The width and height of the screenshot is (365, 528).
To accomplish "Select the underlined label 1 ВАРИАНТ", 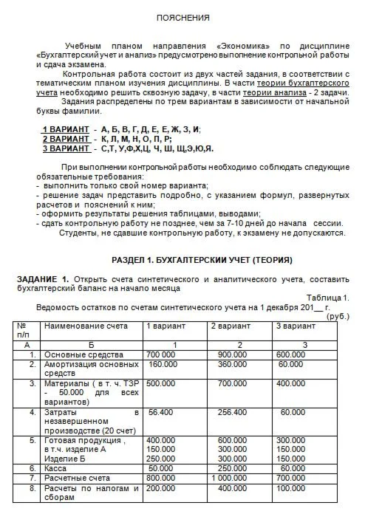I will pyautogui.click(x=66, y=129).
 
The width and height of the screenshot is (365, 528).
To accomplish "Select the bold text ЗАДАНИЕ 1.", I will pyautogui.click(x=42, y=278).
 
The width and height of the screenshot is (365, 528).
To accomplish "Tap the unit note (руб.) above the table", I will pyautogui.click(x=336, y=315).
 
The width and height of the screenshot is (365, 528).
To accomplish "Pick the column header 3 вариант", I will pyautogui.click(x=296, y=326).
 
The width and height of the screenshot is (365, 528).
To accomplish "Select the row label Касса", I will pyautogui.click(x=56, y=468).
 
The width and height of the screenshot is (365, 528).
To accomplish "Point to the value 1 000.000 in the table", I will pyautogui.click(x=230, y=478).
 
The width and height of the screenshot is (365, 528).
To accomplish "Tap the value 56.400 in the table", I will pyautogui.click(x=160, y=412).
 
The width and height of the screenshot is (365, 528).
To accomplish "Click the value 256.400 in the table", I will pyautogui.click(x=232, y=412).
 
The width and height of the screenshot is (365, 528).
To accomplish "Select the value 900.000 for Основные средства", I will pyautogui.click(x=233, y=354).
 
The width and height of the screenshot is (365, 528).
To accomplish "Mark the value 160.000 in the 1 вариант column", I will pyautogui.click(x=164, y=364).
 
